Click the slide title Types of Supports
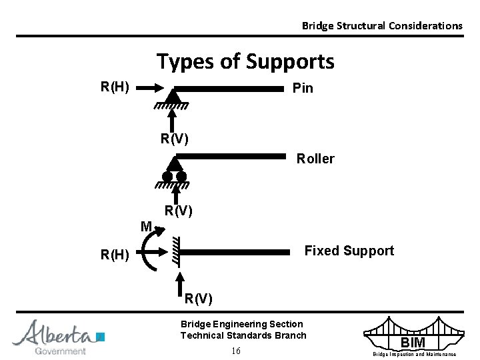click(245, 62)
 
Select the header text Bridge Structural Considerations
click(381, 26)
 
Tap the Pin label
click(303, 89)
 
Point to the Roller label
click(315, 159)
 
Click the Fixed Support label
click(349, 251)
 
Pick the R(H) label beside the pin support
click(115, 86)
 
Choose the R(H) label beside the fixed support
click(115, 253)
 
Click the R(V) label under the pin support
click(174, 139)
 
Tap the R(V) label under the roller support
click(179, 211)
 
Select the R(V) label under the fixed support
click(199, 298)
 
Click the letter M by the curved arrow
click(147, 226)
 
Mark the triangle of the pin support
click(173, 97)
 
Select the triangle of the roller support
click(175, 164)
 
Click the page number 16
click(235, 351)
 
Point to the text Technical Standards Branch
click(243, 335)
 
